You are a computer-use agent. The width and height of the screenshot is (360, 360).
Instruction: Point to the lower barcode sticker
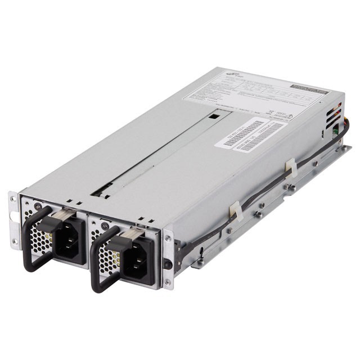259,138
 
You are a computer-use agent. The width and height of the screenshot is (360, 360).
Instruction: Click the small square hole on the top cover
214,118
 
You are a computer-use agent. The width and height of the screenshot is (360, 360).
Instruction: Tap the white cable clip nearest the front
235,210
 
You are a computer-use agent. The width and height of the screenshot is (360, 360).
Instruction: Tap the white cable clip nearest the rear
290,167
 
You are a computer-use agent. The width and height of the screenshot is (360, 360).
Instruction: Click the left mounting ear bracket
13,219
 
